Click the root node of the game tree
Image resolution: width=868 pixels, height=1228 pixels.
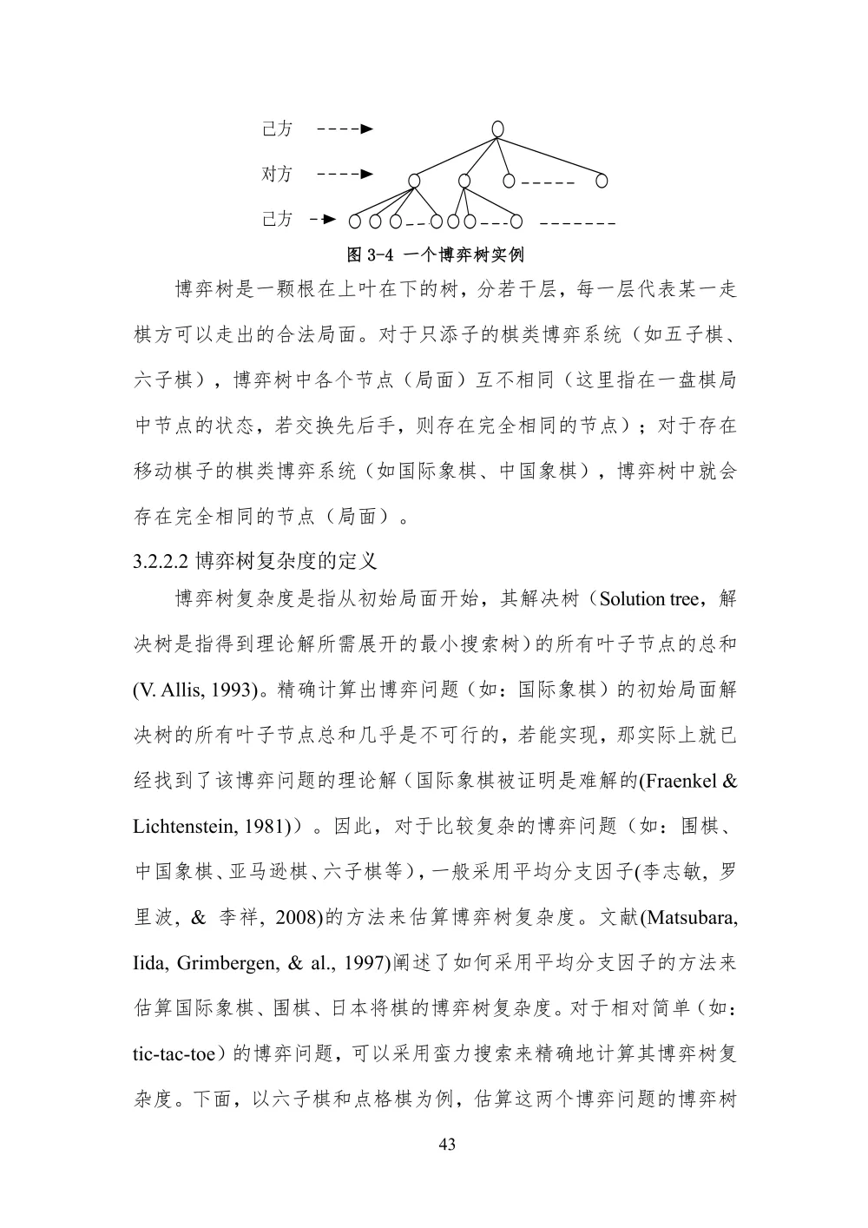497,129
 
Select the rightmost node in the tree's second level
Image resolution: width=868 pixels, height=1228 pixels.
602,181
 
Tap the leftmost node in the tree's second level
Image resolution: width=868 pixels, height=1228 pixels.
414,181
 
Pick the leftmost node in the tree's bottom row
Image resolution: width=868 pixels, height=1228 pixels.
354,221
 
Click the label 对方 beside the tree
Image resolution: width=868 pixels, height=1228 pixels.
277,175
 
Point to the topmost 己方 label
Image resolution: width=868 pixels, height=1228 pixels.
277,129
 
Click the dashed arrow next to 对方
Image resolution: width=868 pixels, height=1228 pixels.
345,175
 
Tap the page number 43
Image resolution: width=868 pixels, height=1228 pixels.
447,1145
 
